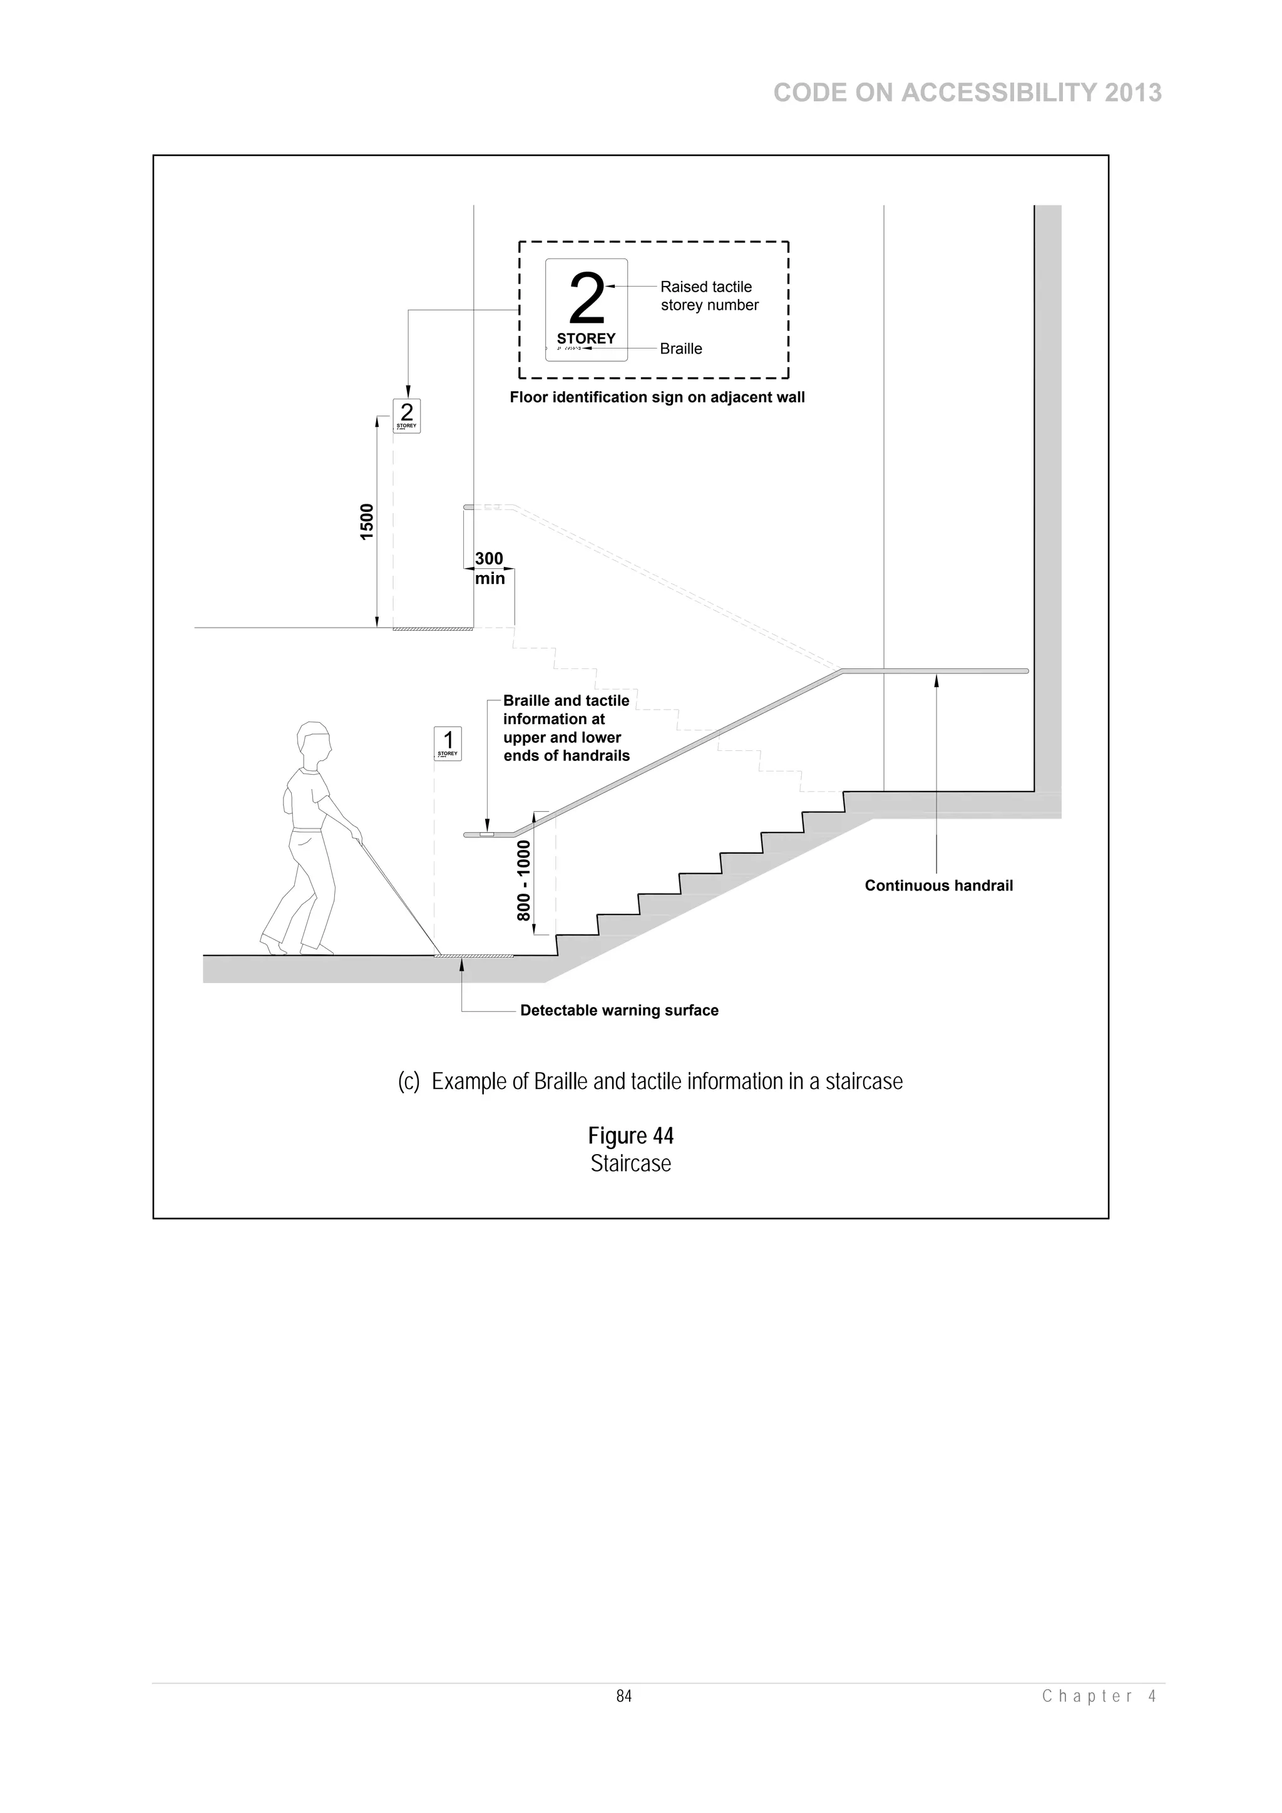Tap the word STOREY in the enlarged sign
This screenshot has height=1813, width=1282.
tap(586, 339)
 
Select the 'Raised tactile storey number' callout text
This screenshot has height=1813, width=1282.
tap(709, 296)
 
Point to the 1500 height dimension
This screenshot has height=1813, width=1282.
tap(367, 521)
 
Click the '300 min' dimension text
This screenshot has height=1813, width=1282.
tap(489, 568)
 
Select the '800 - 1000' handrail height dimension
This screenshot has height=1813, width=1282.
tap(524, 880)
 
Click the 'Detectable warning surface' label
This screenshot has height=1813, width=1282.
tap(619, 1011)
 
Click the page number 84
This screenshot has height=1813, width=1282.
tap(624, 1696)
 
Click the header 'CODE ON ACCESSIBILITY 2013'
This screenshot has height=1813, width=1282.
tap(967, 93)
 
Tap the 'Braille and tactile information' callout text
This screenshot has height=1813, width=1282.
tap(567, 728)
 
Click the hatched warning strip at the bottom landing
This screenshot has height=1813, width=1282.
tap(474, 956)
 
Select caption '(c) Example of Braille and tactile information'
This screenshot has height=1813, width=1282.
tap(650, 1081)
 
